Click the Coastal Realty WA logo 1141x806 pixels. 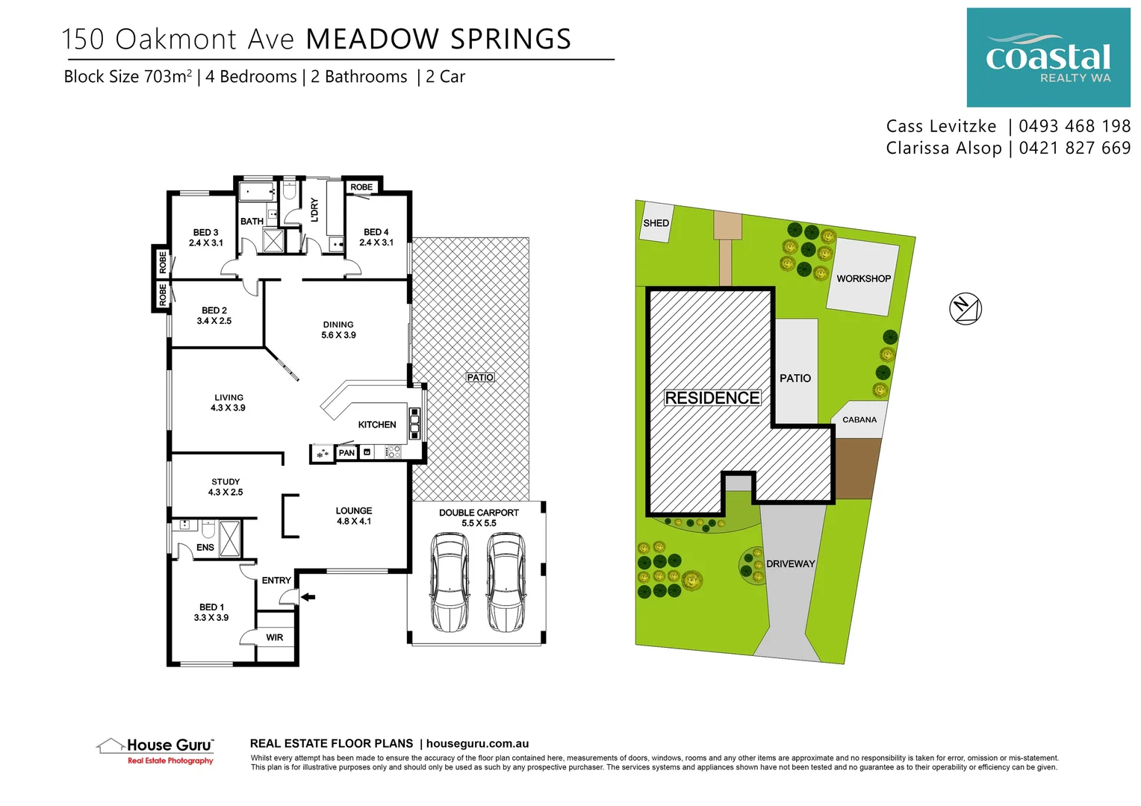click(1048, 57)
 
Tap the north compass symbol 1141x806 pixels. click(965, 308)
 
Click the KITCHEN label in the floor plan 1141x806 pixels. click(377, 425)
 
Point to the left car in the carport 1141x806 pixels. click(450, 583)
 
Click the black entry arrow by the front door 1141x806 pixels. click(308, 597)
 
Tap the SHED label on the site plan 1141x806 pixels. click(656, 223)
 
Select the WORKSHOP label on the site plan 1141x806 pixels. click(863, 278)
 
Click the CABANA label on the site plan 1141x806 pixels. click(859, 419)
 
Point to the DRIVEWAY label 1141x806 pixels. click(790, 563)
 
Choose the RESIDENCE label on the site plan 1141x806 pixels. click(712, 398)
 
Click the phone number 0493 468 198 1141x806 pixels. click(1074, 126)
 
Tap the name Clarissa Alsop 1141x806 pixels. click(943, 148)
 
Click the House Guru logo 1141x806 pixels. click(156, 749)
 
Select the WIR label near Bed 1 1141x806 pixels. click(275, 637)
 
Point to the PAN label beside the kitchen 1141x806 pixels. click(346, 453)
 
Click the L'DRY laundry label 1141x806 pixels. click(314, 210)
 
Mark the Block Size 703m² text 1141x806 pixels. click(128, 77)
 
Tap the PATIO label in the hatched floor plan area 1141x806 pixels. click(480, 378)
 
